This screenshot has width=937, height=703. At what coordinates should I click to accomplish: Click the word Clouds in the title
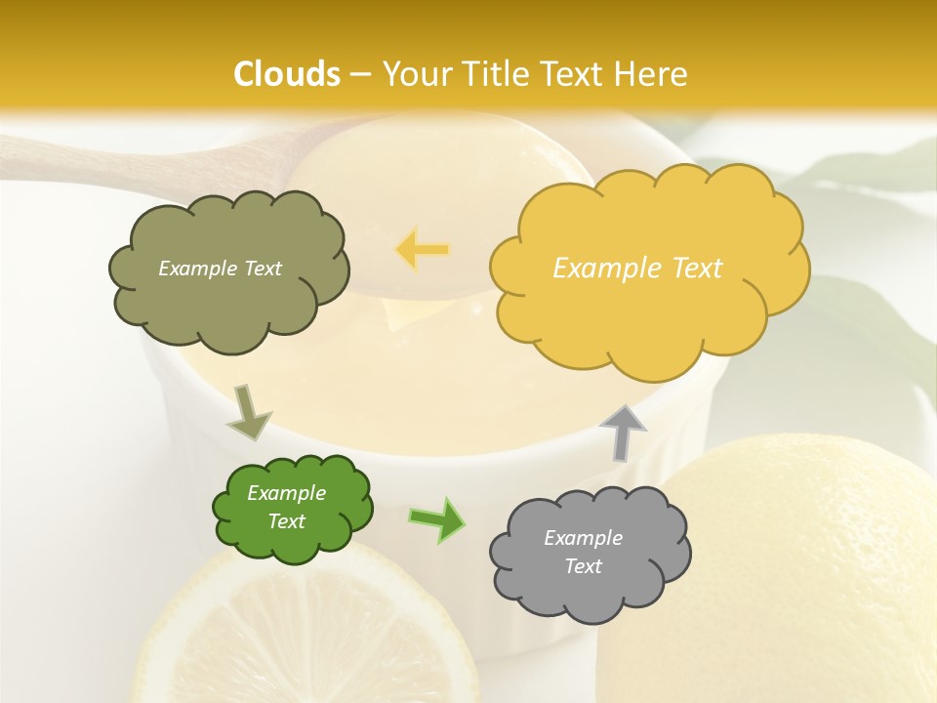pyautogui.click(x=287, y=74)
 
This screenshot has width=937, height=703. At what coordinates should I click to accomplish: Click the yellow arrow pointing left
pyautogui.click(x=423, y=250)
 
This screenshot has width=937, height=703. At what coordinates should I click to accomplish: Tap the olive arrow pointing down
pyautogui.click(x=247, y=411)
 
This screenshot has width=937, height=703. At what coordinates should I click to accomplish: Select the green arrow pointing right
pyautogui.click(x=436, y=519)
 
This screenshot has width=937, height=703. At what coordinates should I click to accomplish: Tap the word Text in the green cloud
pyautogui.click(x=287, y=521)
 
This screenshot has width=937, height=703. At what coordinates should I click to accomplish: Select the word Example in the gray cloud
pyautogui.click(x=583, y=538)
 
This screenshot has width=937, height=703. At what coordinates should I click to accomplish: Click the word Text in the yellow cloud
pyautogui.click(x=696, y=269)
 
